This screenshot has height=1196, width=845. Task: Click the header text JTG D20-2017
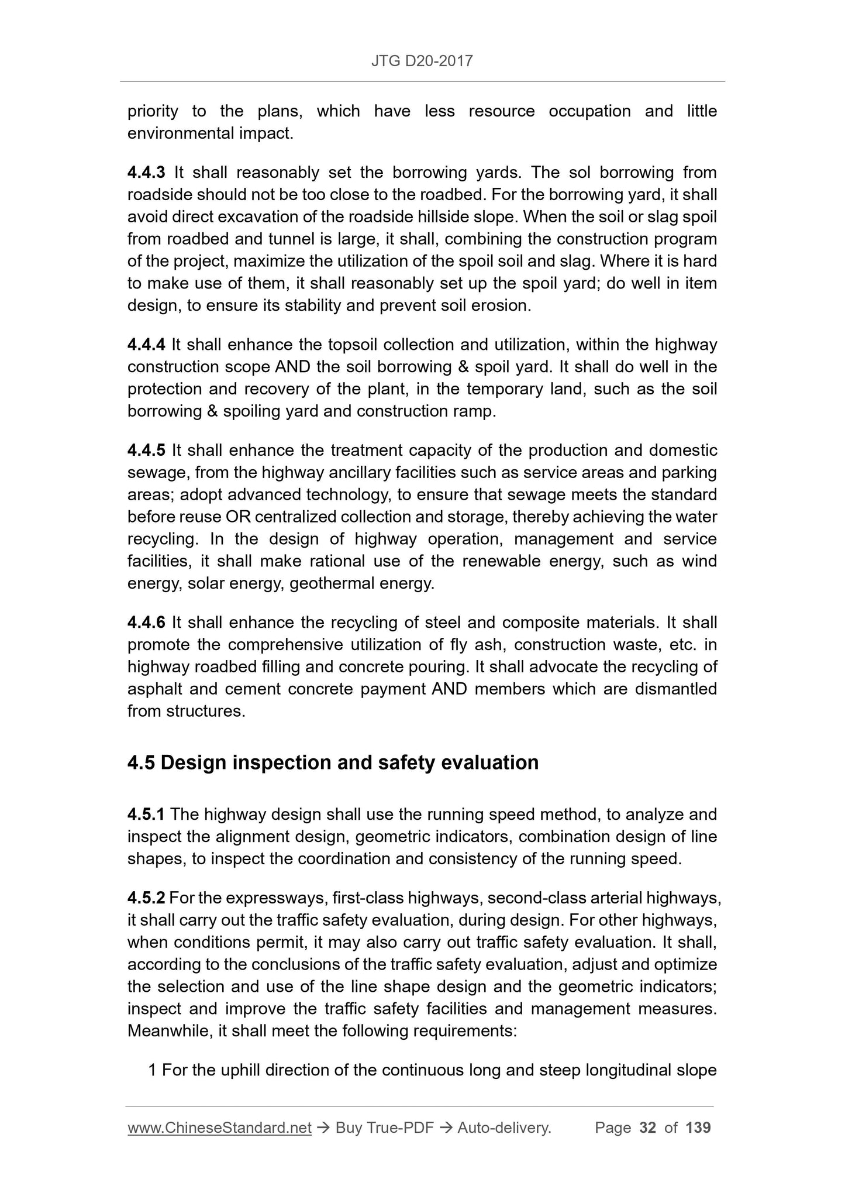[x=422, y=61]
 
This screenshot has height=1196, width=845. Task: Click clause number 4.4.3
[x=146, y=173]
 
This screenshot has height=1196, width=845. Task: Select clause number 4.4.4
[x=146, y=345]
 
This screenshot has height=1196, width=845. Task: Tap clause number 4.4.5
[x=146, y=451]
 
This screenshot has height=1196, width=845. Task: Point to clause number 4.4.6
[x=146, y=623]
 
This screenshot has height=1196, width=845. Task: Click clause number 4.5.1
[x=146, y=814]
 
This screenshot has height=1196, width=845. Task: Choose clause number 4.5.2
[x=146, y=898]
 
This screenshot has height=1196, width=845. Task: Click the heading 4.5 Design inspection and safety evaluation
[x=333, y=763]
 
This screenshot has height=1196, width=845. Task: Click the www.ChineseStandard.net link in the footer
[x=219, y=1128]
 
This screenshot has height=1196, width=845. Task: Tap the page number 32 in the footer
[x=648, y=1128]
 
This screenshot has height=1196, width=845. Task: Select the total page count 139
[x=698, y=1128]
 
